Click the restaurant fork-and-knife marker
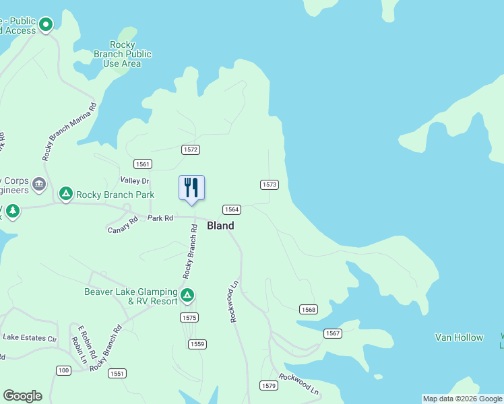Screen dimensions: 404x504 pyautogui.click(x=191, y=188)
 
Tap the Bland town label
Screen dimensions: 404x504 pyautogui.click(x=220, y=226)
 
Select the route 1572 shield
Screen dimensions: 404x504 pyautogui.click(x=190, y=149)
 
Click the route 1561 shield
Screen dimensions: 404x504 pyautogui.click(x=142, y=164)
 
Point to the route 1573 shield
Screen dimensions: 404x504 pyautogui.click(x=270, y=184)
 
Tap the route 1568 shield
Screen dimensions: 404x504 pyautogui.click(x=309, y=309)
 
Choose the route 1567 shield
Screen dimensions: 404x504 pyautogui.click(x=333, y=333)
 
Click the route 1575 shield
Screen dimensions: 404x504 pyautogui.click(x=189, y=317)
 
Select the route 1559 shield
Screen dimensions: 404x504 pyautogui.click(x=197, y=344)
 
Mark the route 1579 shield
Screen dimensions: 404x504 pyautogui.click(x=269, y=385)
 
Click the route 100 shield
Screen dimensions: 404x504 pyautogui.click(x=63, y=370)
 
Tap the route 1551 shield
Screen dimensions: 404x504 pyautogui.click(x=117, y=373)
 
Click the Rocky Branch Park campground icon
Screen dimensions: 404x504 pyautogui.click(x=66, y=195)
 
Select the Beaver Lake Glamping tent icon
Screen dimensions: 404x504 pyautogui.click(x=187, y=295)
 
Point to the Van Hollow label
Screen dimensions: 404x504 pyautogui.click(x=459, y=337)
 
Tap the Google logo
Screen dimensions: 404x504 pyautogui.click(x=22, y=396)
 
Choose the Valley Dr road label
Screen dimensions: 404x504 pyautogui.click(x=134, y=180)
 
